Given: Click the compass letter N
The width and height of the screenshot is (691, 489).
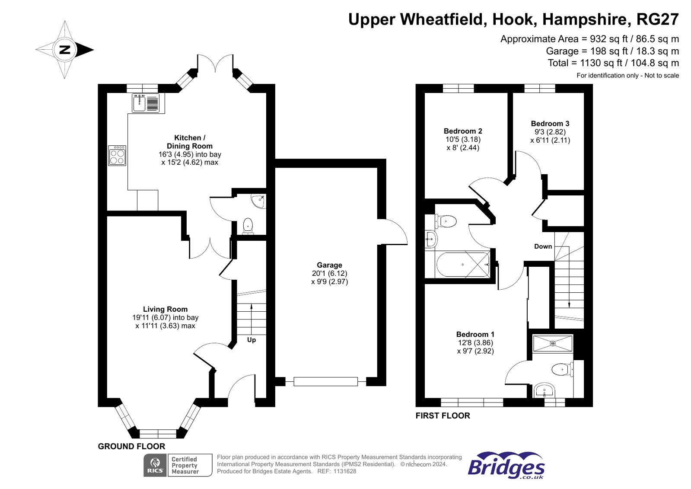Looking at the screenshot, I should [x=65, y=50].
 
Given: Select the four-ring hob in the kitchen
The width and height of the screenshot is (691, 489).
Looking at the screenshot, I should [x=117, y=156].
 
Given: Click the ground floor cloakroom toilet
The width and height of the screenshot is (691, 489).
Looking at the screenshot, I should [x=248, y=225].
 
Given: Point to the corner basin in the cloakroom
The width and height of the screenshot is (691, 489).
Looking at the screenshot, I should [x=259, y=201].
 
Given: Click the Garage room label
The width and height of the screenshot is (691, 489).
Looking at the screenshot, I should [x=329, y=265].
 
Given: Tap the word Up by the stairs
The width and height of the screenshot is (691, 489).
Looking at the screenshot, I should [x=252, y=340].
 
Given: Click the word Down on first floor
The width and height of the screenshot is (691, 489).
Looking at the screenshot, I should [x=543, y=246].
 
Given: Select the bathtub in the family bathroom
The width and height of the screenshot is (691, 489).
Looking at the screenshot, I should [x=463, y=264].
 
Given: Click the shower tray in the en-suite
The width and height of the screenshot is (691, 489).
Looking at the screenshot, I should [x=553, y=343].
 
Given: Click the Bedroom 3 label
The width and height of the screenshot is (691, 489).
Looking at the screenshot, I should [x=550, y=124].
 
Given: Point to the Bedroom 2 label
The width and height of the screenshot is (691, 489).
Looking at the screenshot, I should [x=463, y=131].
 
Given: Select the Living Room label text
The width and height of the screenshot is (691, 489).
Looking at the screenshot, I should [x=165, y=309].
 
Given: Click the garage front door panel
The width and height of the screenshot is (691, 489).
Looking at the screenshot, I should [x=325, y=381].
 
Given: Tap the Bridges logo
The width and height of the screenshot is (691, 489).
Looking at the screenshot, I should [x=506, y=466].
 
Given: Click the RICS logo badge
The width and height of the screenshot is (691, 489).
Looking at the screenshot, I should [x=155, y=465].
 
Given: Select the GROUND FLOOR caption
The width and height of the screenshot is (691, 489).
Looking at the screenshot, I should [x=131, y=446].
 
